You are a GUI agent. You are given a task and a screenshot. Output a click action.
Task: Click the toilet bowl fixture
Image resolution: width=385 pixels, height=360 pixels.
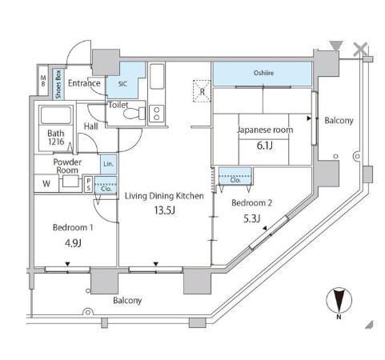point(134,114)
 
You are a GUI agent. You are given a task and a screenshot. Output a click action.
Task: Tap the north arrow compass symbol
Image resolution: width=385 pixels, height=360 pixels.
point(339,300)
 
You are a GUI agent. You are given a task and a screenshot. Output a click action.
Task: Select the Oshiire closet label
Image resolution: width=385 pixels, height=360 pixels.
point(263,73)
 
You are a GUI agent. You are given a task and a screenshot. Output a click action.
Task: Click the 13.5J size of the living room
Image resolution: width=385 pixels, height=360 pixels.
point(165,210)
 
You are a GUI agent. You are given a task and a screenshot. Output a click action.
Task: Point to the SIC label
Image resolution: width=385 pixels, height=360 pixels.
point(122,84)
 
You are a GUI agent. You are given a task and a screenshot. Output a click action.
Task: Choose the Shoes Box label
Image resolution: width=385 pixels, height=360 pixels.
point(58,84)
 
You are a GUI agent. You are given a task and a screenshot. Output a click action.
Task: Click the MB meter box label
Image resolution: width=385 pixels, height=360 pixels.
point(43,81)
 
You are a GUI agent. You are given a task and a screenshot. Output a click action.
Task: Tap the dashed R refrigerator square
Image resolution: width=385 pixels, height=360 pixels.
point(202,91)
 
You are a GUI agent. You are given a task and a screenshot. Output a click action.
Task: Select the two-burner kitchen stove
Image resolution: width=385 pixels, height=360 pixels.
point(157,114)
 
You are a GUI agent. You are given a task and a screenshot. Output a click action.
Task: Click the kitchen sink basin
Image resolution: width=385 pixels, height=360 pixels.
point(157,76)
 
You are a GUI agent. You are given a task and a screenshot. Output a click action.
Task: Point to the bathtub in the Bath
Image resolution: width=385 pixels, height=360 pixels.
point(56,115)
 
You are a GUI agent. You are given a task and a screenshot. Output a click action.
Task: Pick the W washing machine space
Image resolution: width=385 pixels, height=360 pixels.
point(46,183)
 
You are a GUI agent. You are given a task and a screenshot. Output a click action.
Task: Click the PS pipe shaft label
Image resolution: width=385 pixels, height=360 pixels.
point(89,185)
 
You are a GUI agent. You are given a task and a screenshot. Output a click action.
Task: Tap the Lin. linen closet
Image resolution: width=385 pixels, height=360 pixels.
point(109,164)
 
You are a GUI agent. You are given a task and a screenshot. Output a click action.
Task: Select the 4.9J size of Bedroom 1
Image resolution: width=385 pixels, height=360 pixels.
point(73,243)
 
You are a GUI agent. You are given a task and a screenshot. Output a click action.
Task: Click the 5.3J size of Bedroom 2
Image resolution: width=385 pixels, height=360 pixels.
point(251,218)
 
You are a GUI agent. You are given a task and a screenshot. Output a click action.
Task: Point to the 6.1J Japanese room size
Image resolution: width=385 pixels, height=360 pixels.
point(264,146)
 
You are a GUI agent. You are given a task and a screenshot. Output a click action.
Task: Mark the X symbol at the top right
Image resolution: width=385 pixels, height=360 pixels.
point(360,50)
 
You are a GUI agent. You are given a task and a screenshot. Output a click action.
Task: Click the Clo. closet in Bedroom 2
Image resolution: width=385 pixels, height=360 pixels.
point(235,176)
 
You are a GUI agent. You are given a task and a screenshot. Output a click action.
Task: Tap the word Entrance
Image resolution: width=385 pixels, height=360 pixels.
point(84,83)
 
